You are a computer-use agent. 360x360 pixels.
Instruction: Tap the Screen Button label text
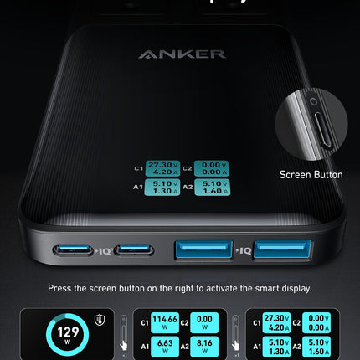click(x=311, y=175)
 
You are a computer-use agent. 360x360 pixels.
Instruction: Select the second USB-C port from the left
click(x=134, y=250)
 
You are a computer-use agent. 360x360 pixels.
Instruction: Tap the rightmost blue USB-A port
click(x=282, y=249)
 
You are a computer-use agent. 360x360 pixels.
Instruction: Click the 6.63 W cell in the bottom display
click(x=165, y=345)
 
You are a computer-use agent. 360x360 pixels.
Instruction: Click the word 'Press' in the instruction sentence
click(x=59, y=289)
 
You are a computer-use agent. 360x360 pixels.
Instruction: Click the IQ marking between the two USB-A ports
click(x=244, y=250)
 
